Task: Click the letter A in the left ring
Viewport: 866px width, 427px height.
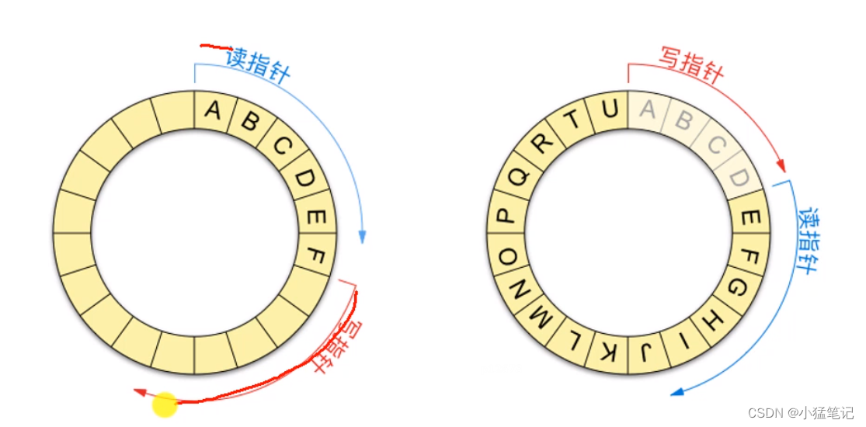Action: pos(212,110)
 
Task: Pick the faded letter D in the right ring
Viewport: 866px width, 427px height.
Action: pos(740,179)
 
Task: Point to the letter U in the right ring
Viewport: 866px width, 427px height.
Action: pos(610,109)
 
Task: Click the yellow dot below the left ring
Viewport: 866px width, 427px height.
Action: pos(165,404)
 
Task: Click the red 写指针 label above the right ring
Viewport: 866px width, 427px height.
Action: pos(691,64)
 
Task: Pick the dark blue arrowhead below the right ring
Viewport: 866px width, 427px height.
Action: pos(678,391)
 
